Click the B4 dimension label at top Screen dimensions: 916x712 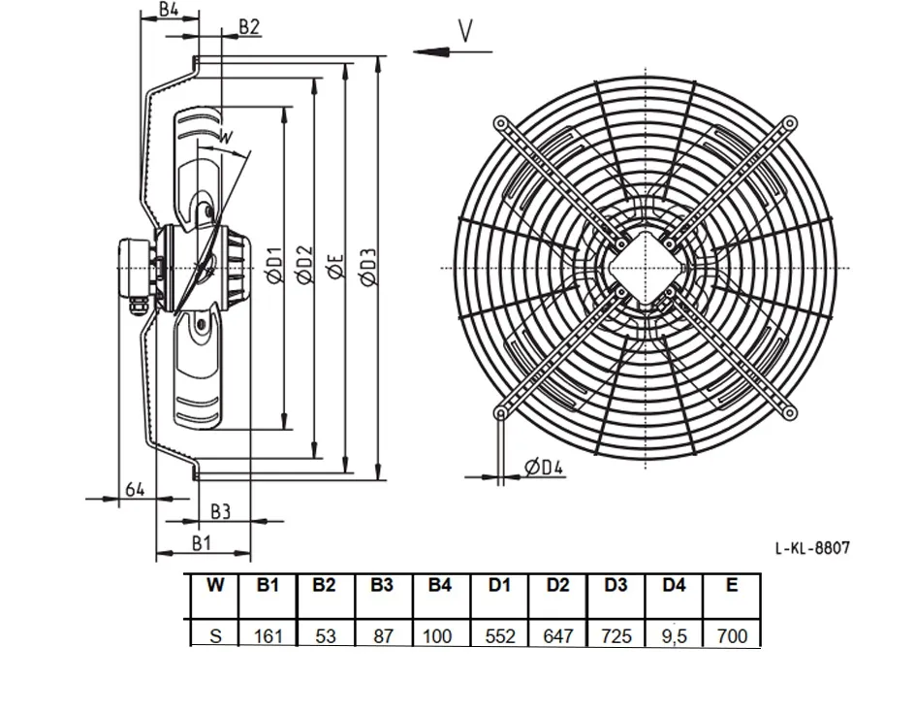[169, 9]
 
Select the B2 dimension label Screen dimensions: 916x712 [249, 27]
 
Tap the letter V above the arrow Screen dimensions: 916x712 [465, 31]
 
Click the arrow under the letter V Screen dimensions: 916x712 [453, 52]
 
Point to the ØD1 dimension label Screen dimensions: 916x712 [275, 266]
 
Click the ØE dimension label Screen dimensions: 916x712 [336, 267]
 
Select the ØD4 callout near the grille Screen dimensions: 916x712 [543, 467]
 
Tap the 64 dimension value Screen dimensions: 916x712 [135, 489]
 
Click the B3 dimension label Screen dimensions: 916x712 [220, 512]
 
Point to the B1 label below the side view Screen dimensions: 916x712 [202, 543]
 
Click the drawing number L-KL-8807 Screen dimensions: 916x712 [812, 548]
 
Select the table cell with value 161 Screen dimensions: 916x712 [268, 635]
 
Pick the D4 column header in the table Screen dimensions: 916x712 [674, 585]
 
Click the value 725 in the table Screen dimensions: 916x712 [616, 635]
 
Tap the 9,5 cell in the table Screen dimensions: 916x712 [674, 635]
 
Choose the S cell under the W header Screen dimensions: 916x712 [215, 635]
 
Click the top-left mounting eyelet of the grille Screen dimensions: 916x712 [500, 123]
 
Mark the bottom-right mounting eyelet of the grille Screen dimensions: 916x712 [790, 413]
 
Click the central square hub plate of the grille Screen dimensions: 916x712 [646, 269]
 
